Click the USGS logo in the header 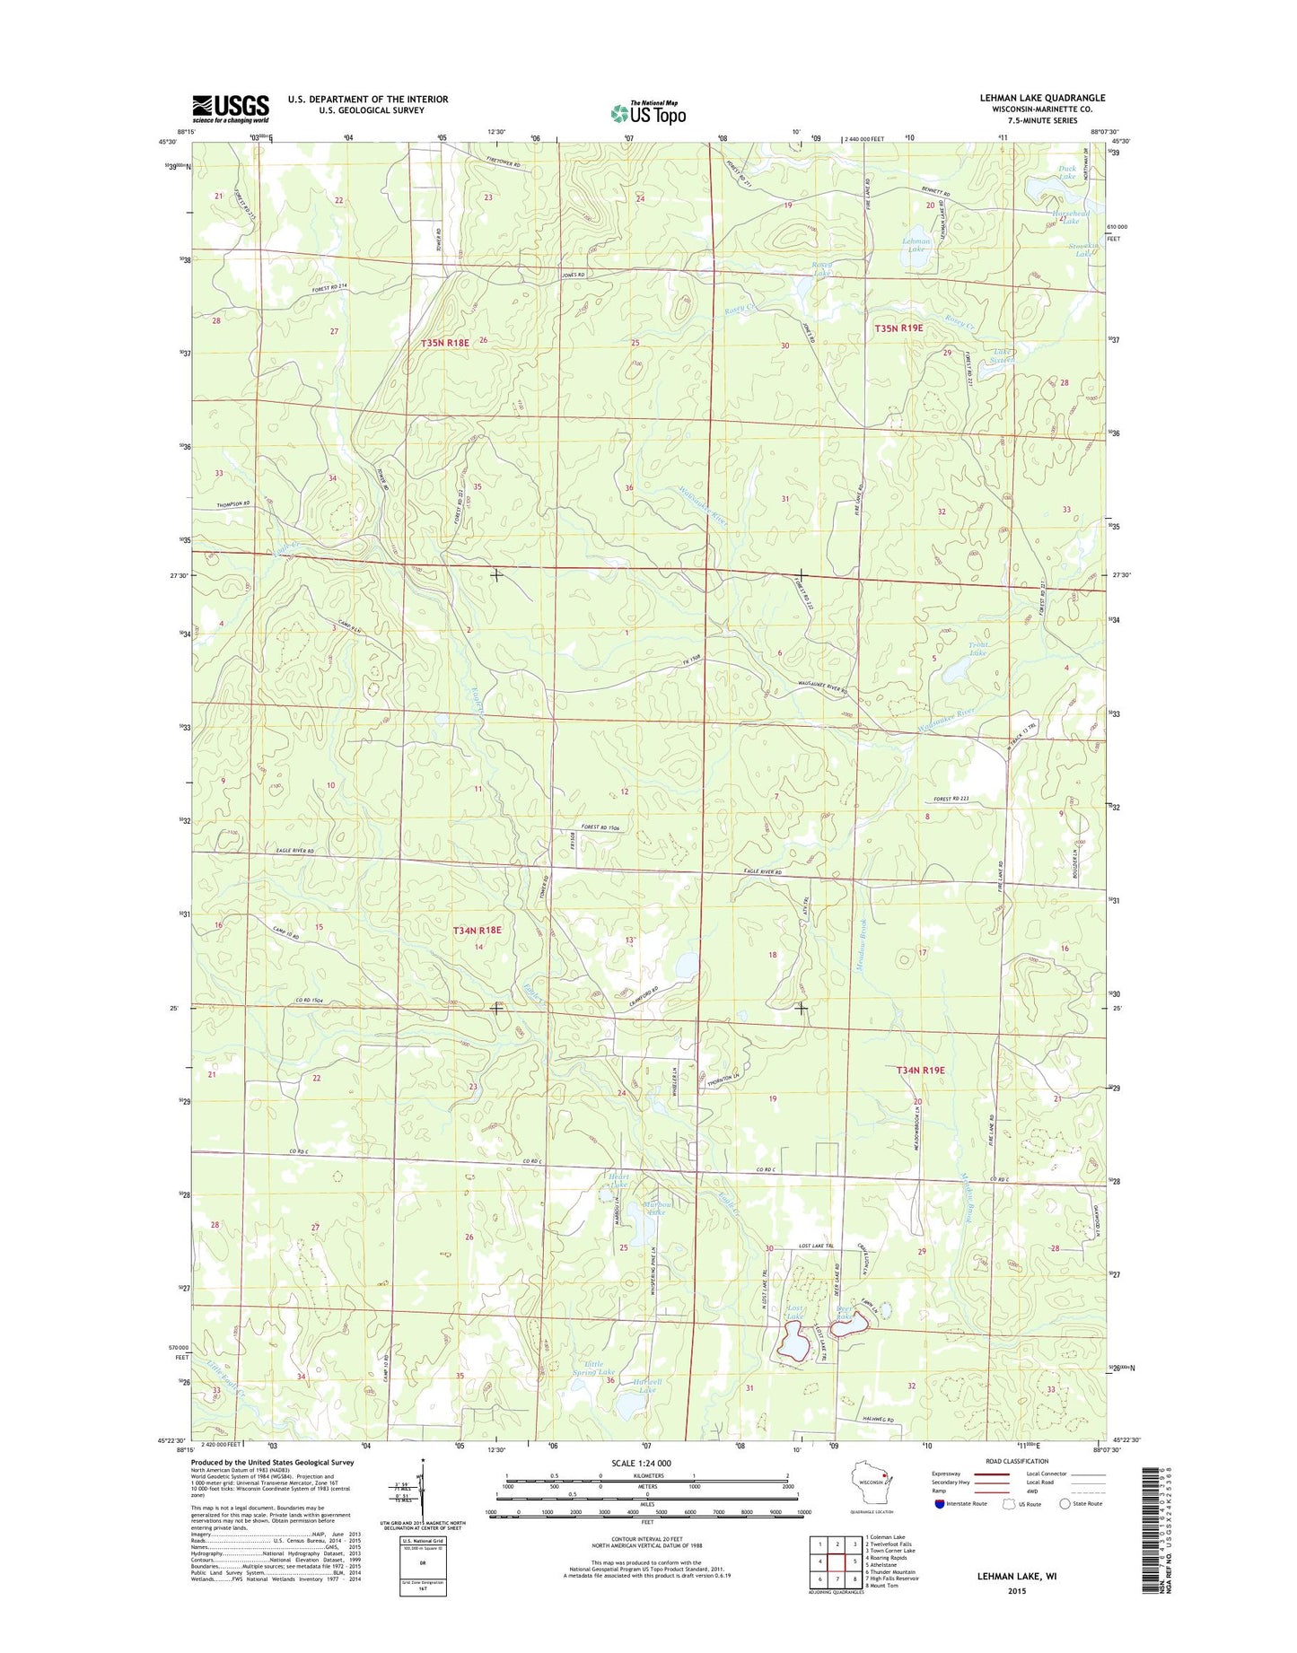click(x=230, y=109)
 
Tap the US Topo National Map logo click(x=648, y=112)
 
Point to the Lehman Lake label click(x=916, y=245)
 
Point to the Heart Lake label click(x=619, y=1180)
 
